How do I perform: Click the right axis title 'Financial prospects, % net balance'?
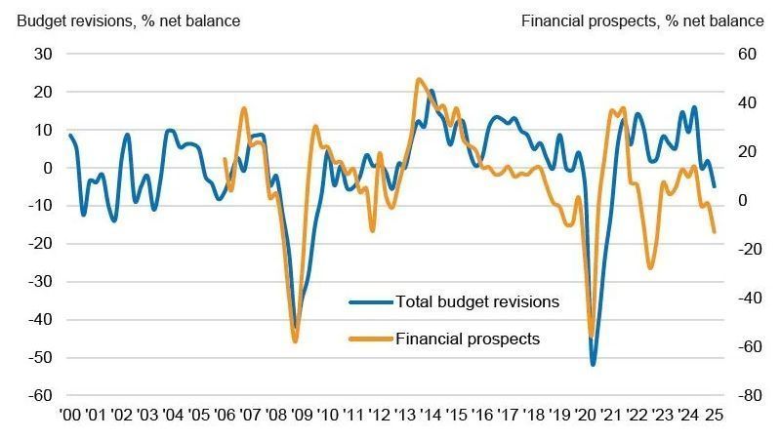[x=642, y=20]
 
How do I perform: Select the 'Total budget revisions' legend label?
[x=477, y=301]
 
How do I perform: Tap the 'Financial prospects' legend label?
[x=468, y=339]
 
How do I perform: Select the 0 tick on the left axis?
[x=45, y=168]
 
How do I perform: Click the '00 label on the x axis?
[x=70, y=415]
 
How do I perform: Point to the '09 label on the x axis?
[x=302, y=415]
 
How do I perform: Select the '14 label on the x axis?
[x=431, y=415]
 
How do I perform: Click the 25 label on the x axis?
[x=714, y=415]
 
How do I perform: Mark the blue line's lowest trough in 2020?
[x=593, y=365]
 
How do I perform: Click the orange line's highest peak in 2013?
[x=419, y=79]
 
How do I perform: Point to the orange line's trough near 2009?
[x=295, y=341]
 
